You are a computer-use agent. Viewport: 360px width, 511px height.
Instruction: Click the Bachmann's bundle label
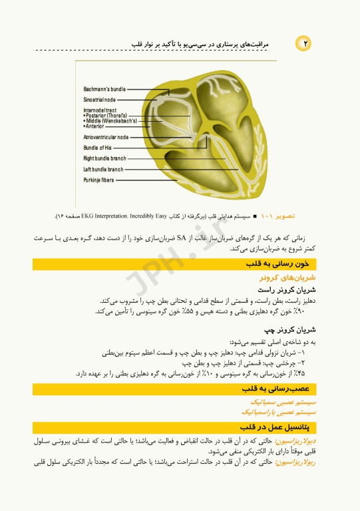[x=104, y=88]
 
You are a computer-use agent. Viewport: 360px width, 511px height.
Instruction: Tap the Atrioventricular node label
[x=106, y=137]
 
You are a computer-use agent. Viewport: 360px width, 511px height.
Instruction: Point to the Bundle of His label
[x=97, y=147]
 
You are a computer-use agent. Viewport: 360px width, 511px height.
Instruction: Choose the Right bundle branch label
[x=104, y=158]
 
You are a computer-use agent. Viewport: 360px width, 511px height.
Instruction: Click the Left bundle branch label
[x=103, y=169]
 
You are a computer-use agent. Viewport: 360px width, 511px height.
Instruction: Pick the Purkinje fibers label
[x=98, y=180]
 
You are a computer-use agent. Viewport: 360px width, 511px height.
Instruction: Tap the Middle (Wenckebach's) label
[x=111, y=120]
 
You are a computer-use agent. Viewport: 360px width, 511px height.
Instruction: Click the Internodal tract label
[x=100, y=110]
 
